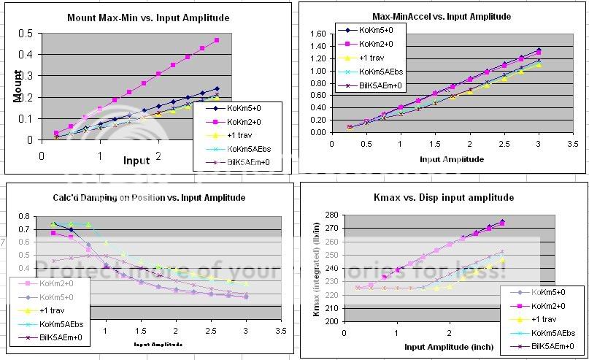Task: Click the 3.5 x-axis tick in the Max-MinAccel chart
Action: [574, 141]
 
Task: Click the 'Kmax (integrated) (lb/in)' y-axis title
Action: [315, 268]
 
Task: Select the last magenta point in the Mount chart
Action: [217, 41]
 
